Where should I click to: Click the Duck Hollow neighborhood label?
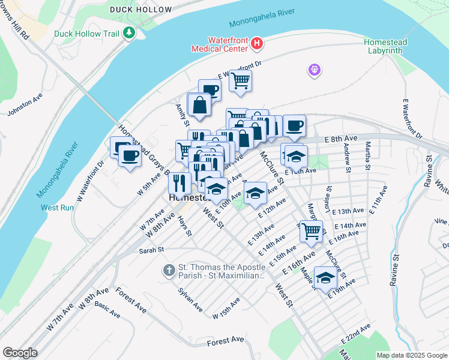point(132,10)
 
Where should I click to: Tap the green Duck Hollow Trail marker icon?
point(128,34)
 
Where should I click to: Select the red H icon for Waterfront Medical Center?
point(257,43)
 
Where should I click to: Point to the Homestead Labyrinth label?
point(385,46)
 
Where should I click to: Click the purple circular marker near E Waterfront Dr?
point(314,71)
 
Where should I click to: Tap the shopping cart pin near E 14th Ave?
point(310,230)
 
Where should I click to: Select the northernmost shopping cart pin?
point(240,80)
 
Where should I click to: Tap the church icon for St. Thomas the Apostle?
point(169,271)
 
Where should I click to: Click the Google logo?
point(20,353)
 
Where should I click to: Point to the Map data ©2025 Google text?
point(412,355)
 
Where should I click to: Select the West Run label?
point(57,208)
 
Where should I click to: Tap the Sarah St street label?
point(151,250)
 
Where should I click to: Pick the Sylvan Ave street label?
point(190,299)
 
